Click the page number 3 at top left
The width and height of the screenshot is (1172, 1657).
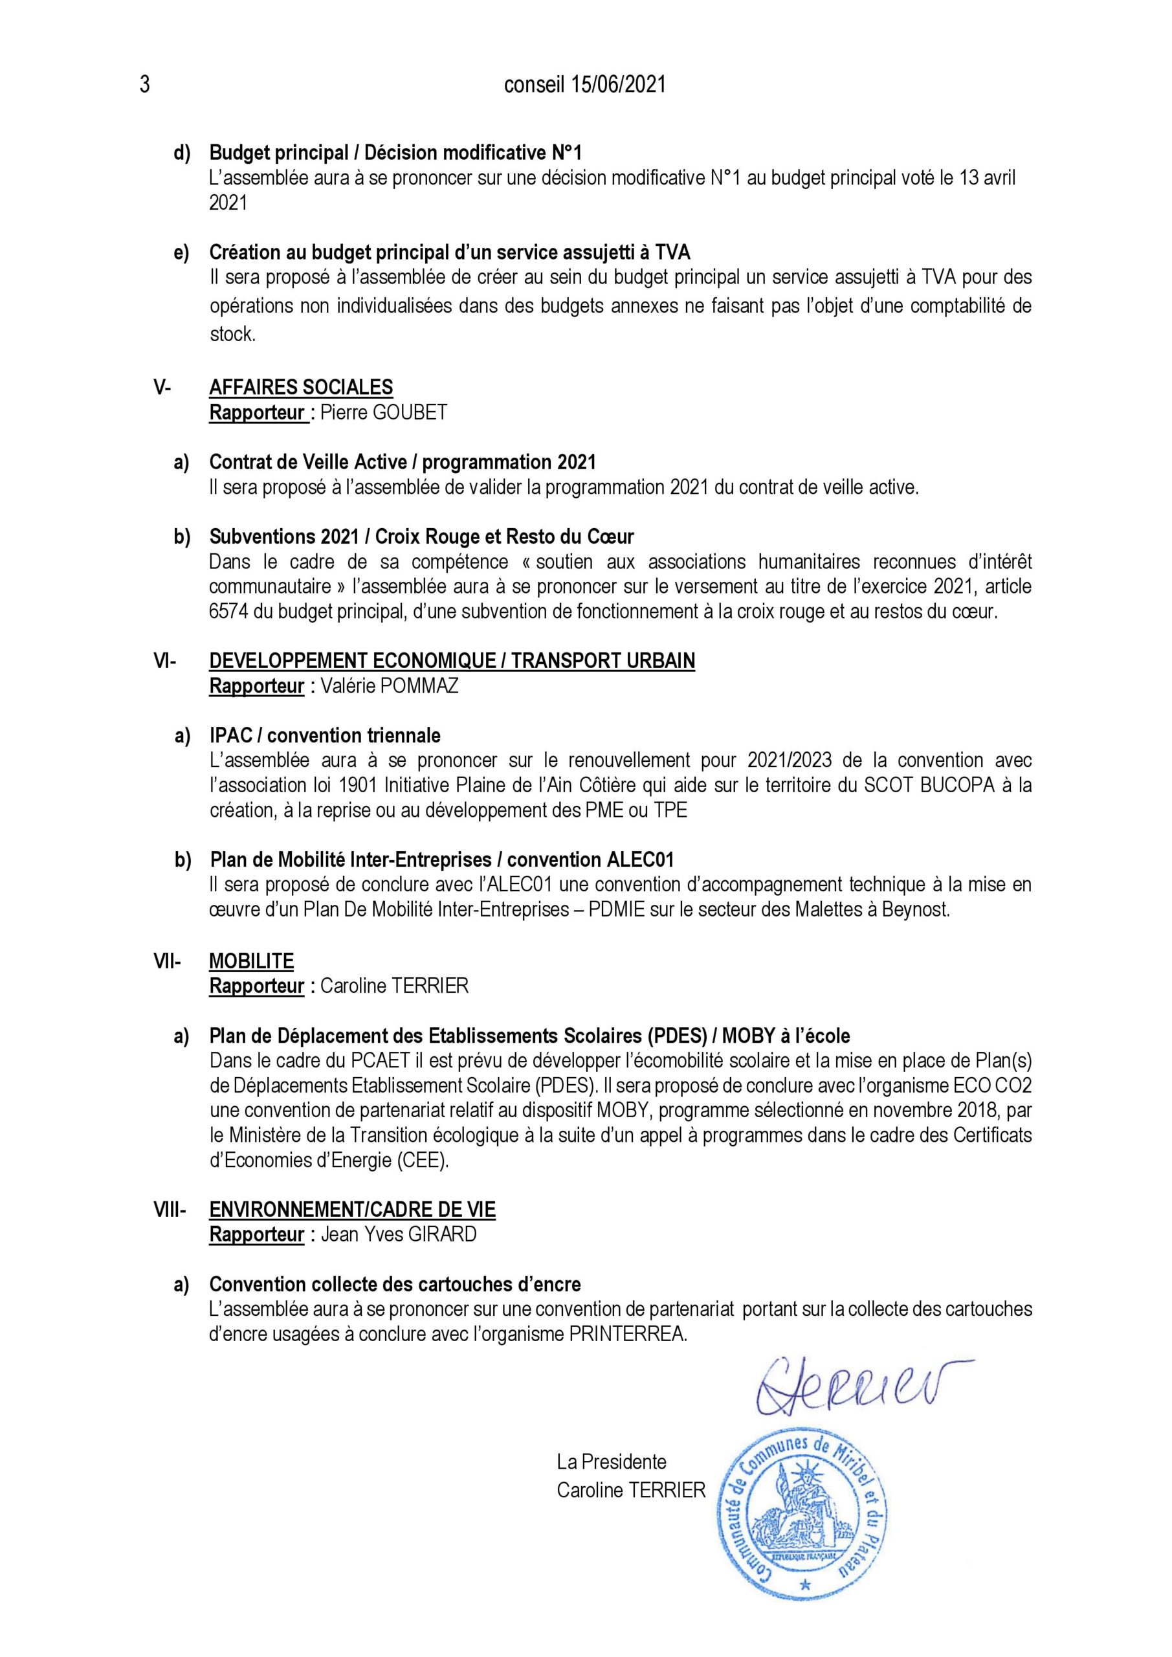click(144, 85)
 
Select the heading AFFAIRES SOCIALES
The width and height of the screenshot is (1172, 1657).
click(301, 388)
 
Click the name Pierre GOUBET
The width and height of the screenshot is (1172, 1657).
click(384, 413)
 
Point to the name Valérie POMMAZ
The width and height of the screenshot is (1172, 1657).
click(389, 685)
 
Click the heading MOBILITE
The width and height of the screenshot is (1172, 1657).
click(251, 961)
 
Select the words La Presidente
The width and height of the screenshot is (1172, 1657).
click(612, 1462)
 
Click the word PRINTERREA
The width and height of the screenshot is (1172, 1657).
click(626, 1335)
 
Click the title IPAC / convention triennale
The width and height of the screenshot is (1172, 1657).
click(325, 735)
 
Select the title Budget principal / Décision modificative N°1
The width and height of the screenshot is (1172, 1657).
click(395, 153)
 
